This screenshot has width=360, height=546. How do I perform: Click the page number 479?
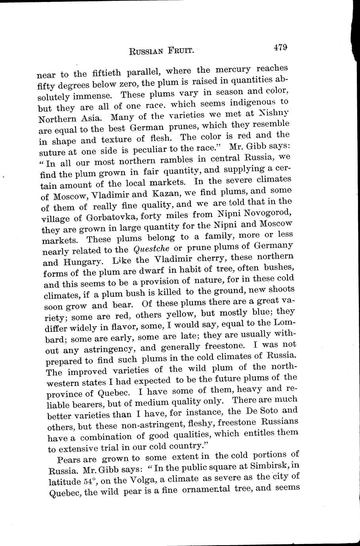click(280, 48)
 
